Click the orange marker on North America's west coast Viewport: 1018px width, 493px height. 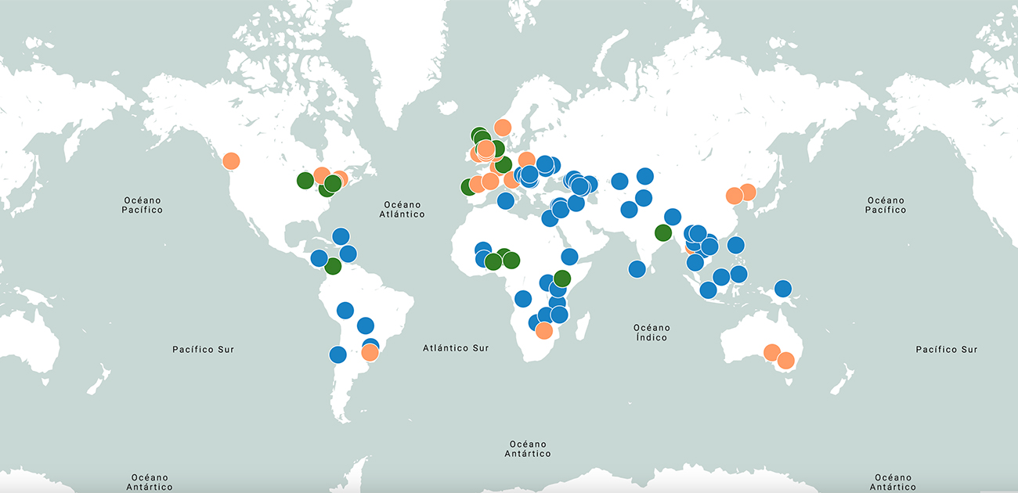231,161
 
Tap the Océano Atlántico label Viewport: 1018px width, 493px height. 402,209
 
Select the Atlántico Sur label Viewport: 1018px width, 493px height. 455,348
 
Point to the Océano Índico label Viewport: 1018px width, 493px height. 652,333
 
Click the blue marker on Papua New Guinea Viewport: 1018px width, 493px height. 783,289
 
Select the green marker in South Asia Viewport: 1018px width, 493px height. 663,232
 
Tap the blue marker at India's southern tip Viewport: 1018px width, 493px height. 637,269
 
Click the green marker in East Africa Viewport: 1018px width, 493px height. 561,278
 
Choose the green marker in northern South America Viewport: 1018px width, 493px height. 333,266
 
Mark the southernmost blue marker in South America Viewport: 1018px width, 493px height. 338,354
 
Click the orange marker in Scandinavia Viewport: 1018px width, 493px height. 503,128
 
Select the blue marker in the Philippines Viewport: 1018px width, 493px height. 735,245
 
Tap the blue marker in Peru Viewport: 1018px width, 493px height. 345,310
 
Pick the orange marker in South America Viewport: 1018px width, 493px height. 370,353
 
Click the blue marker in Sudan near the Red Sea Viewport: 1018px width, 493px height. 569,257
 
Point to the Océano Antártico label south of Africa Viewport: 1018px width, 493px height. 527,448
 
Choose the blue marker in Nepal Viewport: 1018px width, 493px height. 672,217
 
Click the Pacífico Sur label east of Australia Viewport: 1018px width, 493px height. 946,349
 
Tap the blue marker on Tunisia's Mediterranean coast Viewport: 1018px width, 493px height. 505,200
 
